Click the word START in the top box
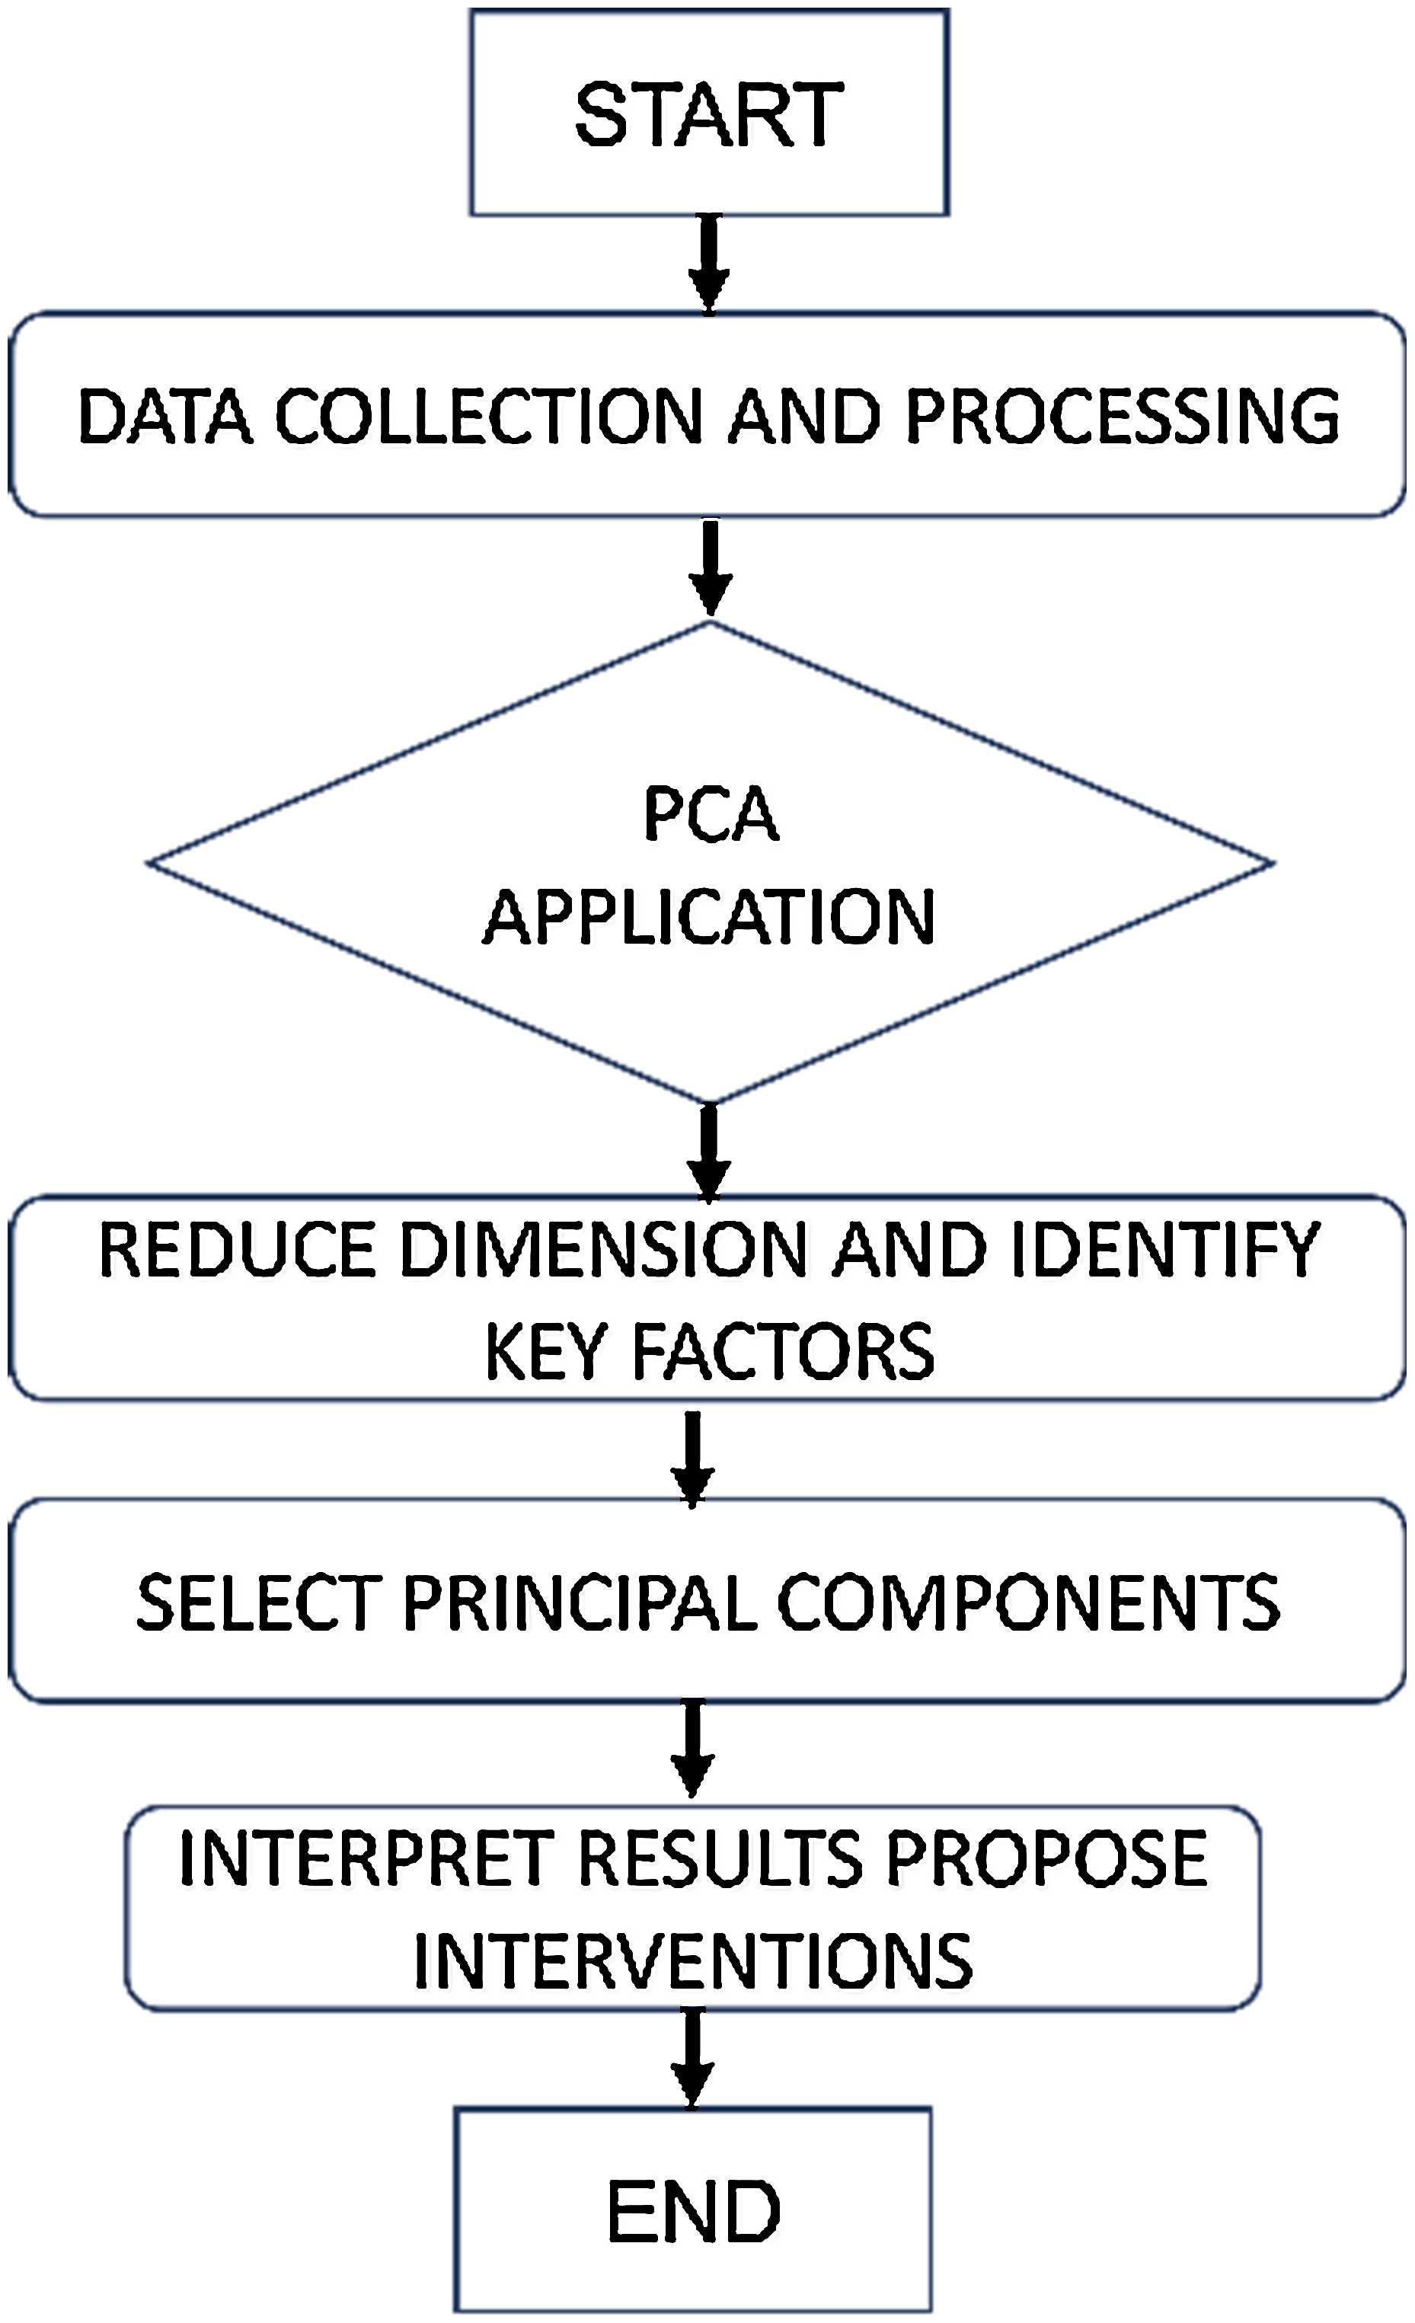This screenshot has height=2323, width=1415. [x=709, y=114]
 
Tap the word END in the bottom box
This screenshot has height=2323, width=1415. [x=693, y=2211]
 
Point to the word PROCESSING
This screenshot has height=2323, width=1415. [x=1122, y=416]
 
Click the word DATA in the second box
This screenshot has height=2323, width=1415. [x=165, y=416]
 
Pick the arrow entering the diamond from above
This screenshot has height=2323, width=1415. [x=711, y=568]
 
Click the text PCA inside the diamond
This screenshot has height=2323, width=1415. [x=711, y=813]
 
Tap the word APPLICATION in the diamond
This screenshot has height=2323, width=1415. [x=709, y=917]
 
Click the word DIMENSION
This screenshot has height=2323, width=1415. [x=603, y=1250]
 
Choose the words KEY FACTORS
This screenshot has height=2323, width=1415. [x=709, y=1351]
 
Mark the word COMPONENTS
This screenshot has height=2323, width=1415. [x=1027, y=1602]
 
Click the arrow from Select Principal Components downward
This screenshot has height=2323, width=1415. [x=693, y=1747]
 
